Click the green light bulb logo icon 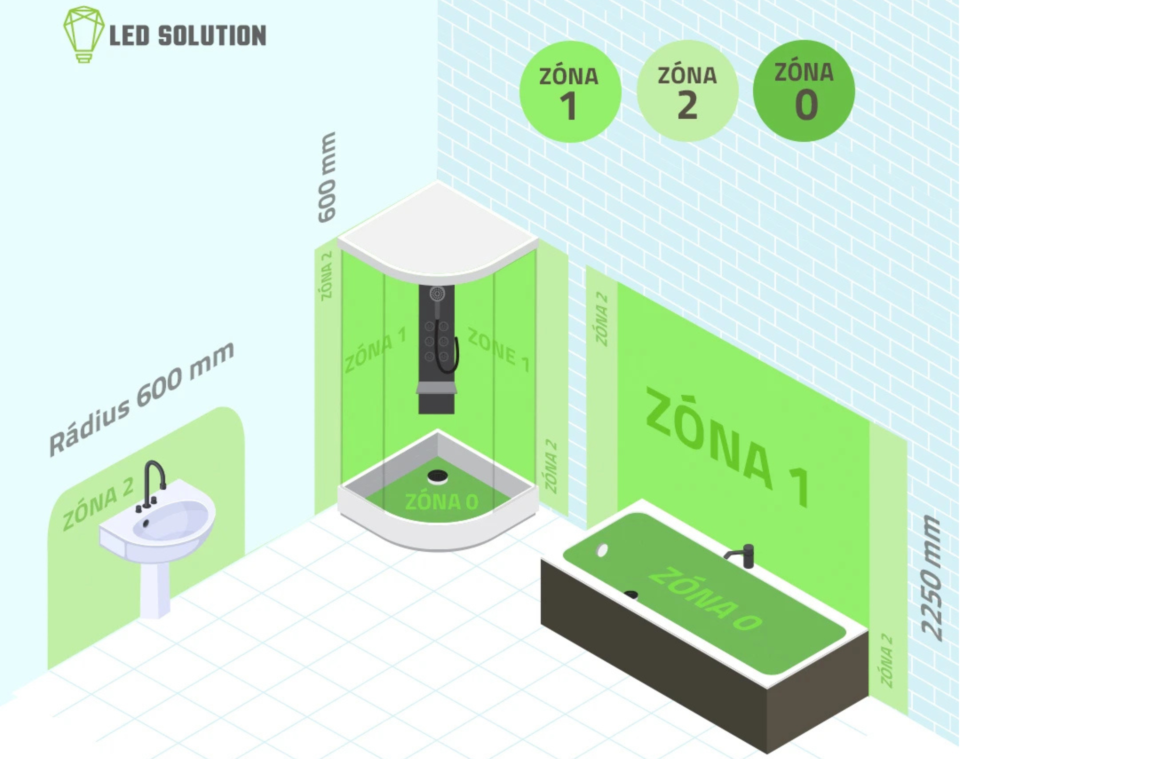[83, 34]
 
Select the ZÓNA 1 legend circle [570, 92]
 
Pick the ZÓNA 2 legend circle [687, 91]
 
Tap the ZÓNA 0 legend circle [804, 91]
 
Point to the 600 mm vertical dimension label [327, 177]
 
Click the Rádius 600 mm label [141, 399]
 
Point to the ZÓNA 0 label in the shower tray [442, 502]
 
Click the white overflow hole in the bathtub [602, 550]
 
